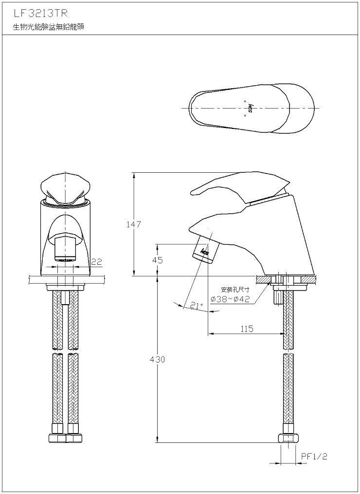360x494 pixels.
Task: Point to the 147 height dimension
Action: pos(134,224)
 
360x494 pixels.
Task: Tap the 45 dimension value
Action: pos(158,260)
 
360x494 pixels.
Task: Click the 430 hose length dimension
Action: pos(158,360)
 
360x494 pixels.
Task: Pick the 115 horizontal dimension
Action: pos(247,329)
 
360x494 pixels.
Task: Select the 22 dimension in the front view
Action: pos(97,262)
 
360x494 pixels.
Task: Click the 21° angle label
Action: pos(197,305)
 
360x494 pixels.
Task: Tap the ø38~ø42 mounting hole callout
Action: pos(230,299)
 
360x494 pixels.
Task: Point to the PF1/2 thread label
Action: pos(314,457)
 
